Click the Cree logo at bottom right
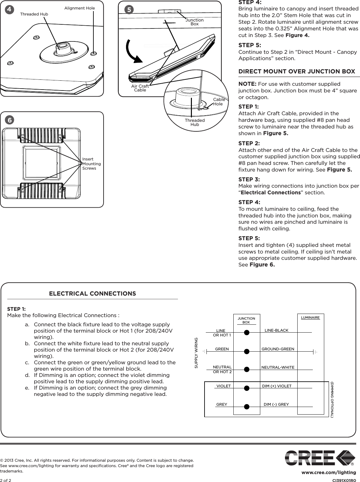coord(320,458)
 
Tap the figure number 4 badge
coord(9,9)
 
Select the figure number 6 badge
coord(9,120)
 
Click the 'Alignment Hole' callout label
coord(79,8)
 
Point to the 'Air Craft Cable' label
coord(140,88)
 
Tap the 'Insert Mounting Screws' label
coord(91,164)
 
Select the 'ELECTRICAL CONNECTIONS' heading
coord(92,294)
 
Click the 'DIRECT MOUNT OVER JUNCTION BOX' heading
coord(297,72)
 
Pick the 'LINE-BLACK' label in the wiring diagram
coord(276,330)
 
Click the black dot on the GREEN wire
coord(247,351)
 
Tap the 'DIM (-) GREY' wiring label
coord(276,404)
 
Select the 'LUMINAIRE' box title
coord(310,317)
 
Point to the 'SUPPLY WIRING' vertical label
coord(196,353)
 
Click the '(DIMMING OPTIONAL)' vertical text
coord(332,399)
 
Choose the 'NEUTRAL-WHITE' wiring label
coord(278,367)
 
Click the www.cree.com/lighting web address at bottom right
coord(329,473)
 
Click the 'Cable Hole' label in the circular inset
coord(218,102)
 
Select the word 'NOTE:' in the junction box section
coord(248,84)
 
